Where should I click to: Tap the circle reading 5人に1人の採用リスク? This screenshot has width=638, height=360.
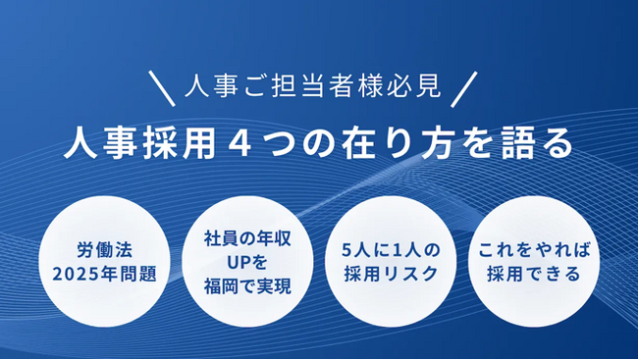coord(388,259)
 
